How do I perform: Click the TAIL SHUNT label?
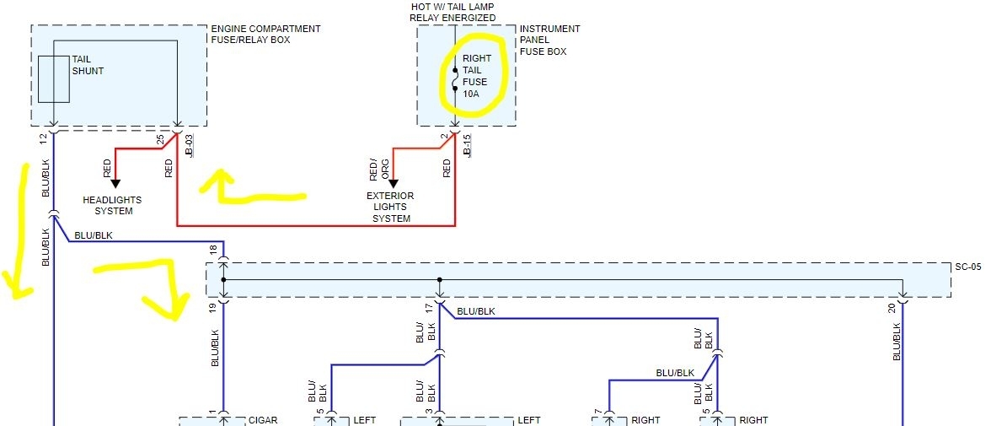coord(88,65)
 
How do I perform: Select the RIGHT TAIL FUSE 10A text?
coord(476,76)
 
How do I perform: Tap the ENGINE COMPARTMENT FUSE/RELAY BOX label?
coord(265,35)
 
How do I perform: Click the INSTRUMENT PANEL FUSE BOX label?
coord(549,40)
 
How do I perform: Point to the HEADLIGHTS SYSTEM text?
coord(112,205)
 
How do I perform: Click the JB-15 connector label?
coord(468,145)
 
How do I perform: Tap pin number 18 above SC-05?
coord(214,250)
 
